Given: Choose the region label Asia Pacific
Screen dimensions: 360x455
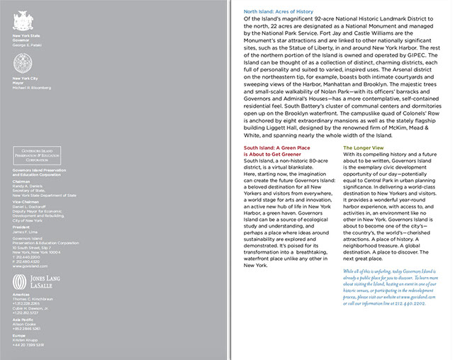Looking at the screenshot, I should coord(23,320).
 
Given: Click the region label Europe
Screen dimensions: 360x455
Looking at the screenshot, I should coord(20,335).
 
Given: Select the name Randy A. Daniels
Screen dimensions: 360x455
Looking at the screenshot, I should coord(28,186).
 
